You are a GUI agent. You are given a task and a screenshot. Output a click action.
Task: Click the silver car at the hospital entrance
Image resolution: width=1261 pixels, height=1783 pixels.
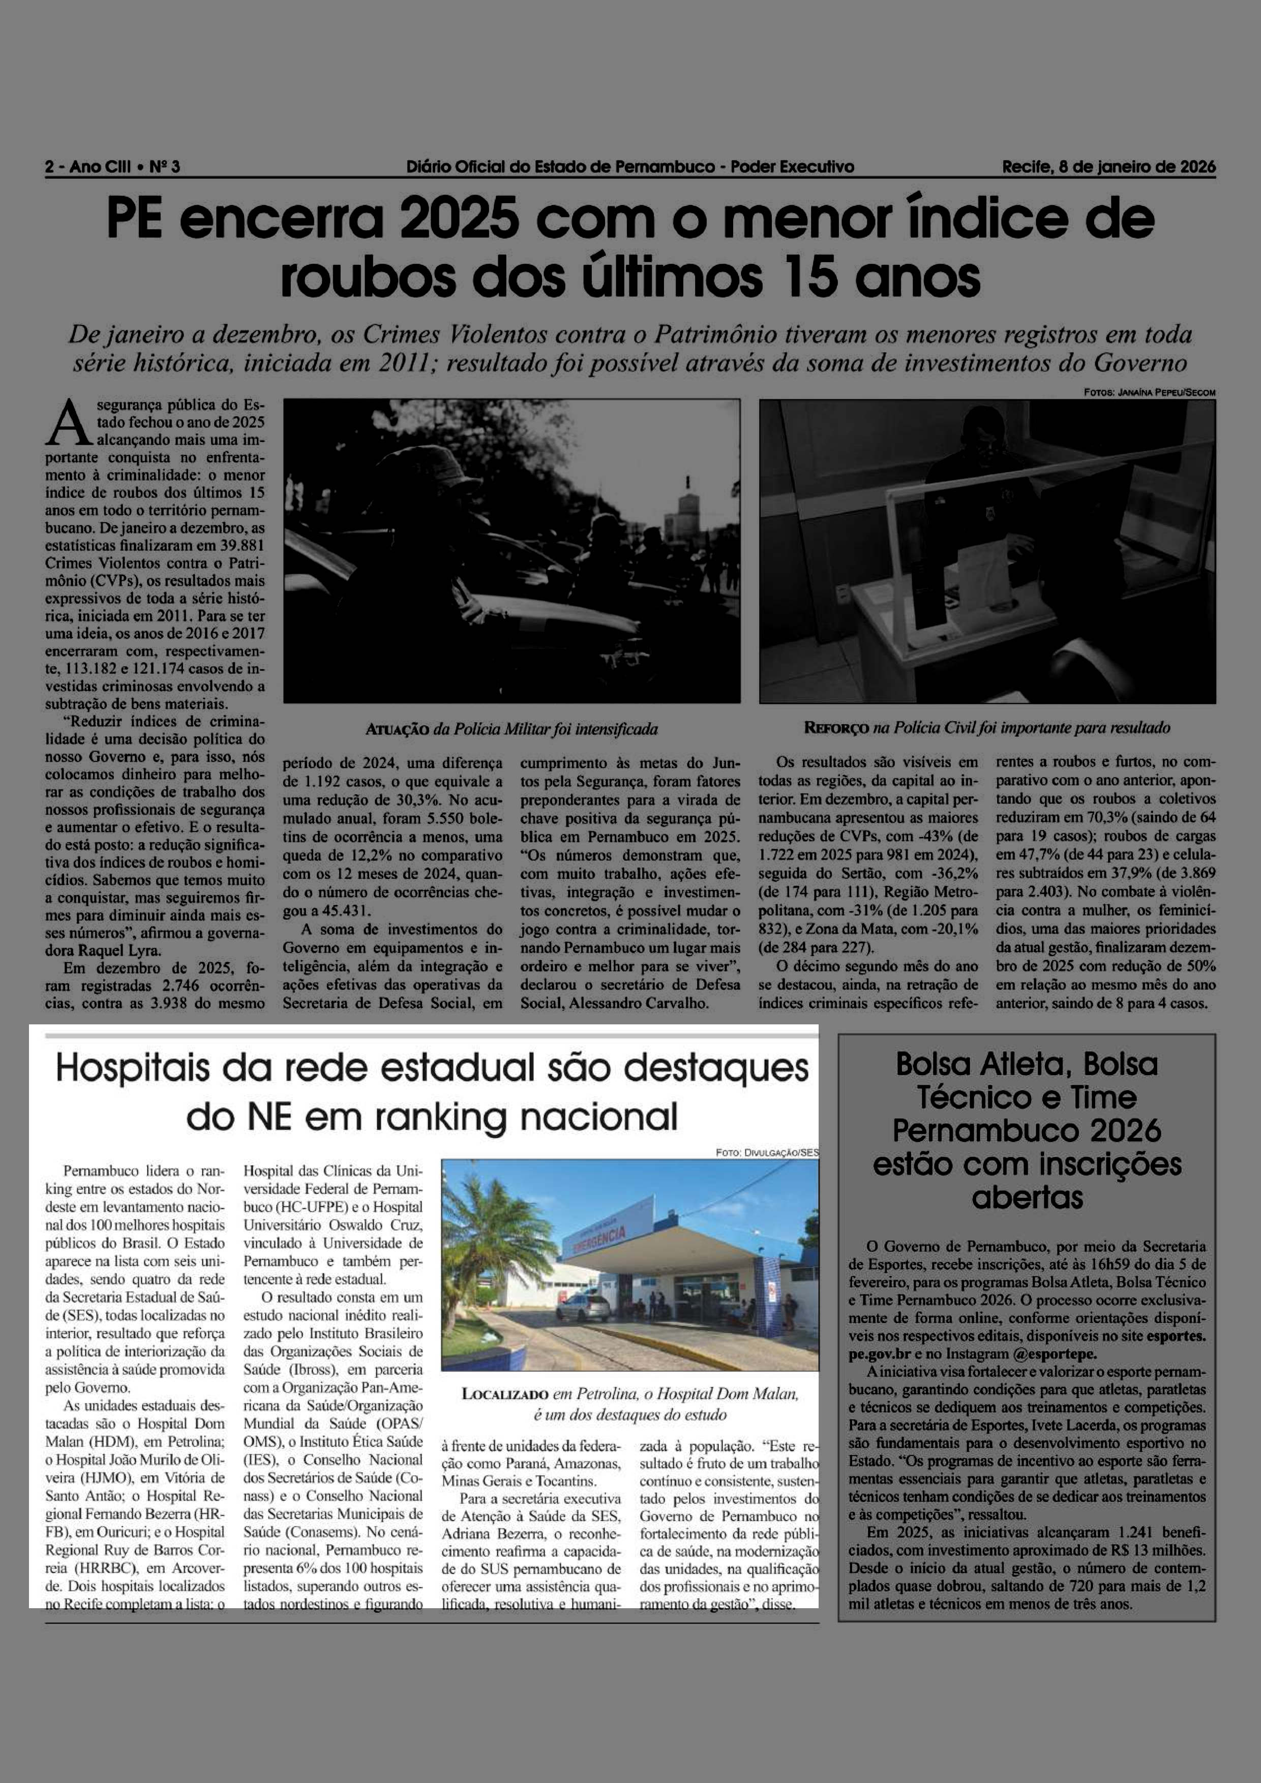pyautogui.click(x=583, y=1308)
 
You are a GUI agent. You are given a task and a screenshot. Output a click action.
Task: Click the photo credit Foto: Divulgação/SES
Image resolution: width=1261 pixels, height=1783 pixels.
pyautogui.click(x=767, y=1152)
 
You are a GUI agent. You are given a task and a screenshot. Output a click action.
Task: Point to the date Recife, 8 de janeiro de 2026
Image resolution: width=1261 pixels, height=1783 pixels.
pyautogui.click(x=1109, y=167)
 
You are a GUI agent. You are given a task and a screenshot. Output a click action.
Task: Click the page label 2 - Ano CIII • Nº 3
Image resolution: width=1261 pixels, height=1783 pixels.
pyautogui.click(x=113, y=167)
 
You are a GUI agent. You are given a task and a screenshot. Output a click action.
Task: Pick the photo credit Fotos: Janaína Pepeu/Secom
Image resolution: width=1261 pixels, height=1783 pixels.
pyautogui.click(x=1149, y=393)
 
